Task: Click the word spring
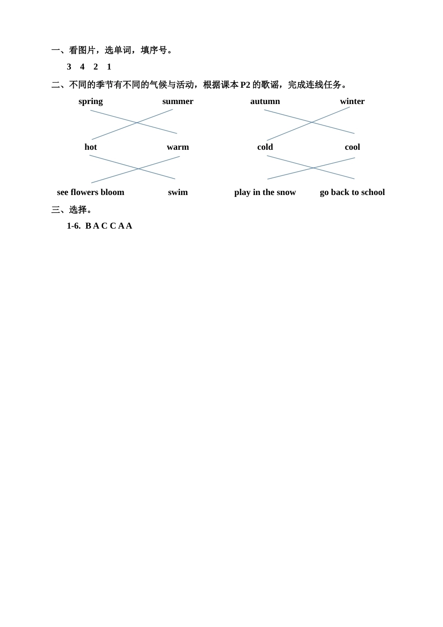tap(90, 102)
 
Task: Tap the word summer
tap(178, 101)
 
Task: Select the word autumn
tap(265, 101)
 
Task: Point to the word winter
tap(353, 101)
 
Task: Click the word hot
tap(90, 146)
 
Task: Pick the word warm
tap(178, 147)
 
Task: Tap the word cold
tap(265, 146)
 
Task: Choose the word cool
tap(353, 146)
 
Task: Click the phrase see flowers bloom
tap(90, 192)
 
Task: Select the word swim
tap(178, 192)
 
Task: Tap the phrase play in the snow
tap(265, 192)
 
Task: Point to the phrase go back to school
tap(353, 192)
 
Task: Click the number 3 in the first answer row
tap(69, 67)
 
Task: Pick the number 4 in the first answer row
tap(82, 67)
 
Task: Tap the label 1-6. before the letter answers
tap(74, 226)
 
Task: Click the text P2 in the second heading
tap(245, 84)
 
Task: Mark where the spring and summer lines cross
tap(137, 123)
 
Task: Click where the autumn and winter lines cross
tap(312, 122)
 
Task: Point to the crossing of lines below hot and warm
tap(138, 169)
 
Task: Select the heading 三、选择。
tap(71, 209)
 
